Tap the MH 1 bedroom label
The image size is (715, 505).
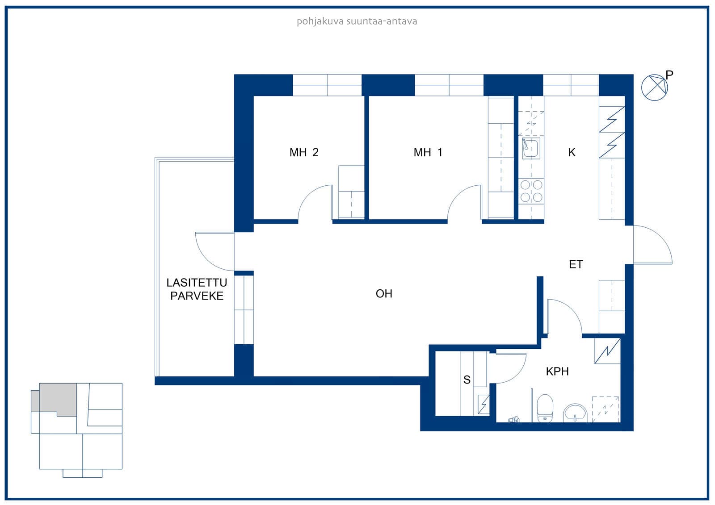coord(428,153)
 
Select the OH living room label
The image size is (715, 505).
coord(384,293)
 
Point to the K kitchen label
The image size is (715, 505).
coord(572,153)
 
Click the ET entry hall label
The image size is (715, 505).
coord(576,264)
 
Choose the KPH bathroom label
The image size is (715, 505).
coord(557,371)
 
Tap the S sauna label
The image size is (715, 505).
coord(467,380)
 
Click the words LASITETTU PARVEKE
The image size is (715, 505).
coord(197,289)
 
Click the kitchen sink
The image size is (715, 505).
coord(531,148)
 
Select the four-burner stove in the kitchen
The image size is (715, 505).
coord(531,191)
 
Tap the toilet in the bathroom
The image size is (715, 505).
coord(545,408)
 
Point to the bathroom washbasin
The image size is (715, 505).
coord(575,413)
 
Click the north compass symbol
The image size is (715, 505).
coord(654,88)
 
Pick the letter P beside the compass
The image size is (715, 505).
coord(669,75)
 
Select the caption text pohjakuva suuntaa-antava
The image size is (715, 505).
coord(357,21)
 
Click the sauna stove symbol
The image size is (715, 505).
coord(483,405)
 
